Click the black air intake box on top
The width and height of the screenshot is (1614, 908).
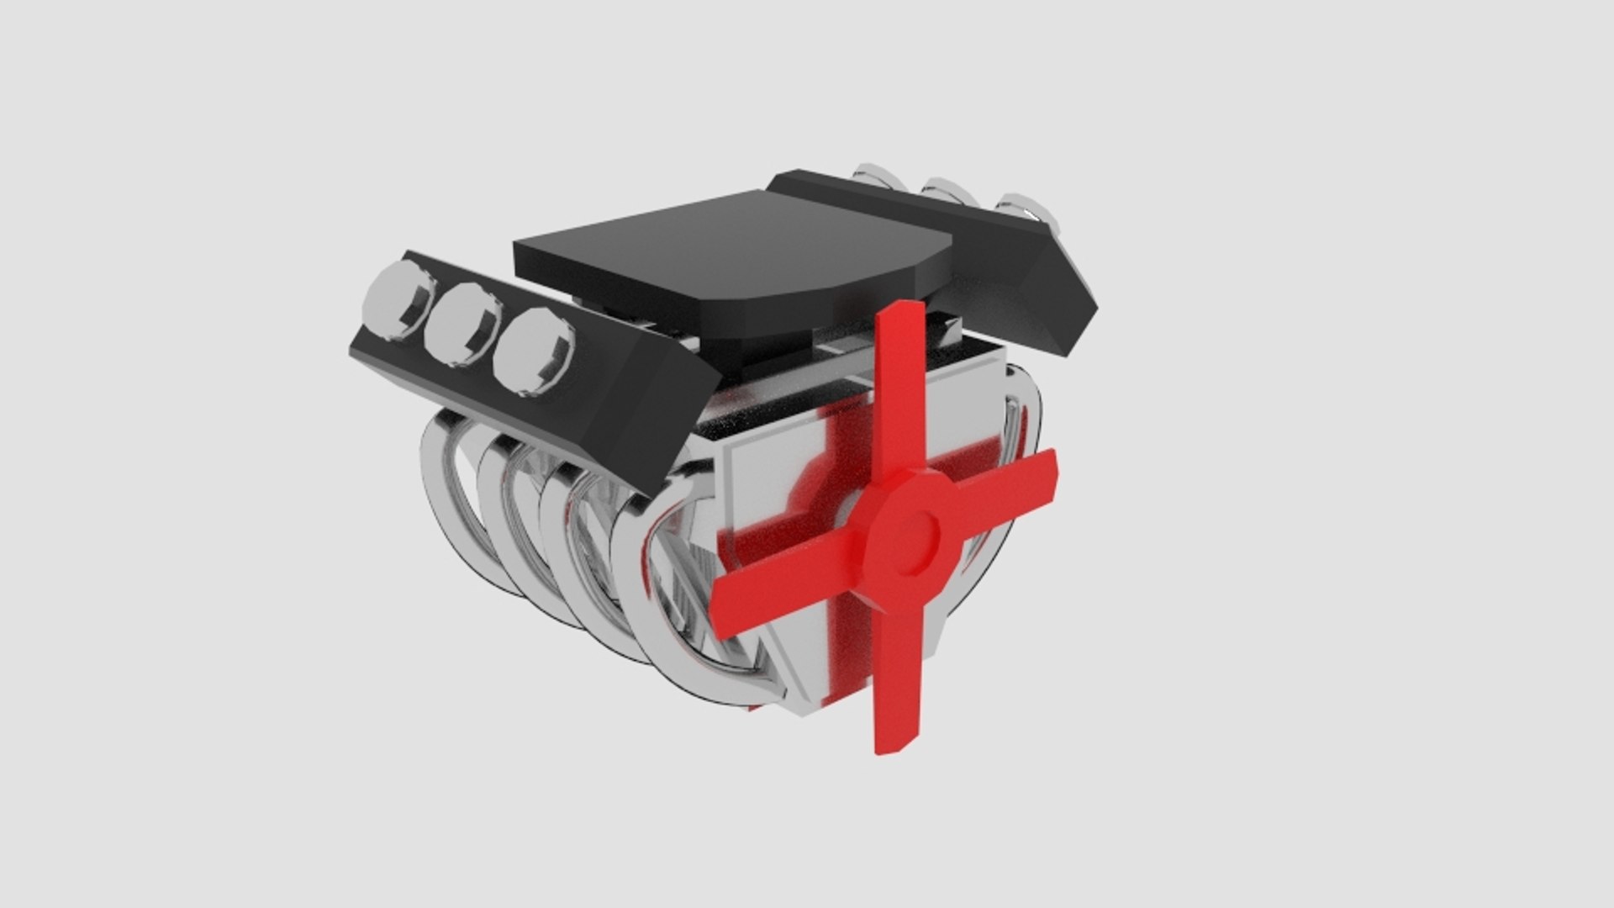point(731,252)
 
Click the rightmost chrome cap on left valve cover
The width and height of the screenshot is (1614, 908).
point(533,352)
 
